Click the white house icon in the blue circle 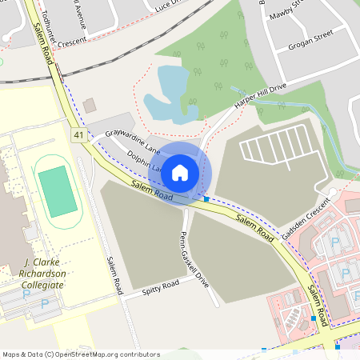(x=180, y=172)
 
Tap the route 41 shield (x=78, y=135)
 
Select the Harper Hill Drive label (x=254, y=95)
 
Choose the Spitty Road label (x=160, y=286)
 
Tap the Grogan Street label (x=312, y=36)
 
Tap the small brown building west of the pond (x=89, y=106)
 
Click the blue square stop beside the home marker (x=206, y=198)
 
